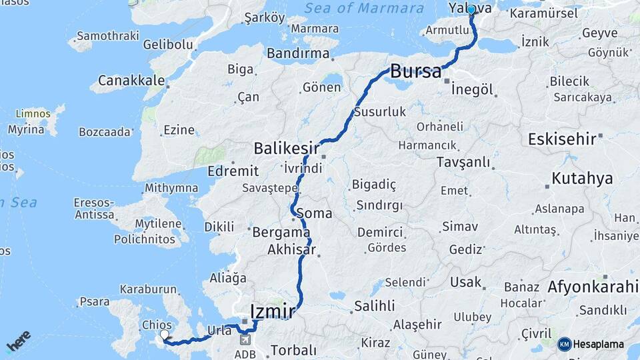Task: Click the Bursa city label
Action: (416, 71)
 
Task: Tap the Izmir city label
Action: (272, 311)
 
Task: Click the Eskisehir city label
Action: (561, 139)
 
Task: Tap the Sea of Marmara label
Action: (364, 9)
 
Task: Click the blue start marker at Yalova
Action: (471, 10)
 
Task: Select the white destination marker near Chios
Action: (164, 335)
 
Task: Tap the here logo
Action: (19, 341)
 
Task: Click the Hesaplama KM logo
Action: (591, 344)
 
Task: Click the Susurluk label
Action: (379, 112)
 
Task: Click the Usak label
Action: (465, 282)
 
